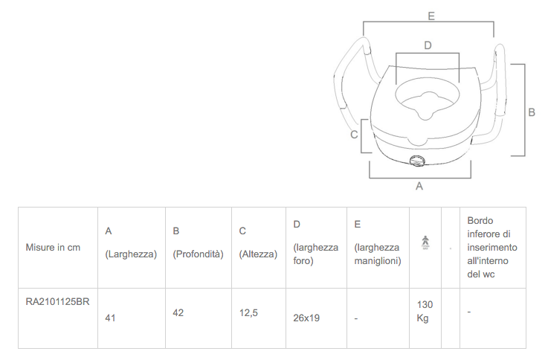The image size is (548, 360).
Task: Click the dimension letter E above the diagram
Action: (431, 16)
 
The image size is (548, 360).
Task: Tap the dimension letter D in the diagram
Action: (428, 45)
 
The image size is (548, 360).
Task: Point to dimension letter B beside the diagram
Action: (531, 112)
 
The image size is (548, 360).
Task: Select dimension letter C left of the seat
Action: (354, 135)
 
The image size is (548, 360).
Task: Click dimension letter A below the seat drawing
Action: (419, 186)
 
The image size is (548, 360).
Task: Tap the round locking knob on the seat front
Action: (417, 161)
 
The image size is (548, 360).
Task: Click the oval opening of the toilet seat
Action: (427, 100)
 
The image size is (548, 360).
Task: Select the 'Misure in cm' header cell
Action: (53, 248)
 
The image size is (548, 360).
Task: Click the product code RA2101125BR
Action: (58, 301)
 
